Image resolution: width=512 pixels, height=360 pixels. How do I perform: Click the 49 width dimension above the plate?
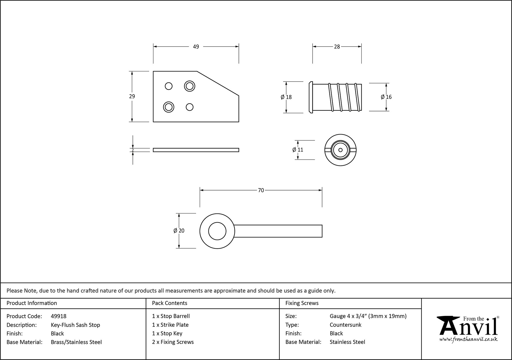[x=196, y=47]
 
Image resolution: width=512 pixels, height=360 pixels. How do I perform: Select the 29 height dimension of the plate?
[x=132, y=97]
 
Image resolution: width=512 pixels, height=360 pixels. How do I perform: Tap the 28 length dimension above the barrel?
[x=337, y=47]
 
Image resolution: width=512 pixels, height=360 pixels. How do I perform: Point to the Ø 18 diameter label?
[x=286, y=97]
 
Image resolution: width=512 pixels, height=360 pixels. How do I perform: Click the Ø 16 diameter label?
[x=386, y=97]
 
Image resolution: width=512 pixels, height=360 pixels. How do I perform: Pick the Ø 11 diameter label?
[x=298, y=150]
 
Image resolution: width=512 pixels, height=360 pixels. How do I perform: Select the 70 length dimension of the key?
[x=261, y=190]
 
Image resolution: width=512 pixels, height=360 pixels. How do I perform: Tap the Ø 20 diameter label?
[x=179, y=231]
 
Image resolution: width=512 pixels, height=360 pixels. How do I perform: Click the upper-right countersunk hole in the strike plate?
[x=190, y=86]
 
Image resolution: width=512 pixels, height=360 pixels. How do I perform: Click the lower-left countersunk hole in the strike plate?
[x=169, y=107]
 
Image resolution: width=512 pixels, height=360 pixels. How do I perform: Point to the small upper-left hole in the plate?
[x=169, y=86]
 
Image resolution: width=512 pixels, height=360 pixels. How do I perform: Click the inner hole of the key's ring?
[x=217, y=231]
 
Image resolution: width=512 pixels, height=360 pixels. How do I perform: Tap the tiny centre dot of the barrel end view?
[x=340, y=150]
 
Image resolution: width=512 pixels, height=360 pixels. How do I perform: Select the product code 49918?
[x=59, y=316]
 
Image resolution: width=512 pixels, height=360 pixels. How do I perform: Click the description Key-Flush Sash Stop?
[x=76, y=325]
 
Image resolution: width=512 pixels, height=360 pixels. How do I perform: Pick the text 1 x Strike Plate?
[x=170, y=325]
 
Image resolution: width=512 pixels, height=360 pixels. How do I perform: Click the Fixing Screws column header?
[x=302, y=303]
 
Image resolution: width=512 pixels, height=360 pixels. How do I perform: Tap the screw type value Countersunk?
[x=345, y=325]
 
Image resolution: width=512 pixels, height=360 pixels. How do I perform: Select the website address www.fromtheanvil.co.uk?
[x=468, y=339]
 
